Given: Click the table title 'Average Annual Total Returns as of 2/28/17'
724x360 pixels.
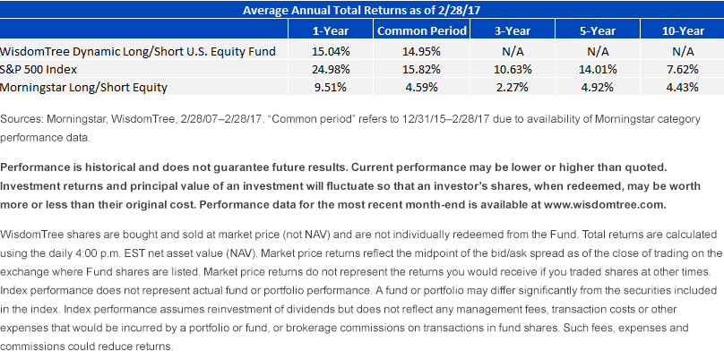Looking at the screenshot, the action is (362, 10).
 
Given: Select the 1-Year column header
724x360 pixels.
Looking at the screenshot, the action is (330, 31).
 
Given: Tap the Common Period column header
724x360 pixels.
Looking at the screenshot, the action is (421, 31).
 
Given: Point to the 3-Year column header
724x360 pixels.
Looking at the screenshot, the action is (512, 31).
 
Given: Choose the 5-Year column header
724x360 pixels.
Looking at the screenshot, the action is (598, 31).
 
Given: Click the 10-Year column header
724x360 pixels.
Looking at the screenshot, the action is (683, 31).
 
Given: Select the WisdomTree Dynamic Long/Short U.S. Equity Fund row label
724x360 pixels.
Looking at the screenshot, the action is (138, 52).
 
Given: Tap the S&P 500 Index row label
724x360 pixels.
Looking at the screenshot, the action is (39, 69).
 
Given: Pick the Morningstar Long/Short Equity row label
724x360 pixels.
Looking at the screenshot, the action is (83, 87).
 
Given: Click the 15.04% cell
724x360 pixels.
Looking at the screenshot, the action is (330, 52).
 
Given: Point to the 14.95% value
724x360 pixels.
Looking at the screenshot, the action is (421, 52).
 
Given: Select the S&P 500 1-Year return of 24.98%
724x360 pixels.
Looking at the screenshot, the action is (330, 69).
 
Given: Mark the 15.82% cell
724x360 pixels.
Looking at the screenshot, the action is (421, 69).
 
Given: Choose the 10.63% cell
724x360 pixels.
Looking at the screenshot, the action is (512, 69).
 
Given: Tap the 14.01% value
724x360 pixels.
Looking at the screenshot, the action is (598, 69).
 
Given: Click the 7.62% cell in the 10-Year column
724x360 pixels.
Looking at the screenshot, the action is (683, 69).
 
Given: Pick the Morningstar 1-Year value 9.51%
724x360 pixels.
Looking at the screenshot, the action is (330, 87).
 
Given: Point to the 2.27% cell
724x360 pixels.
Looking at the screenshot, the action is (512, 87).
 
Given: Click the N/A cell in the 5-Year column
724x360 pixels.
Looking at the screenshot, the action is (598, 52).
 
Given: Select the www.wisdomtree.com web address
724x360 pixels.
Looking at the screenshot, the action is (606, 205).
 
